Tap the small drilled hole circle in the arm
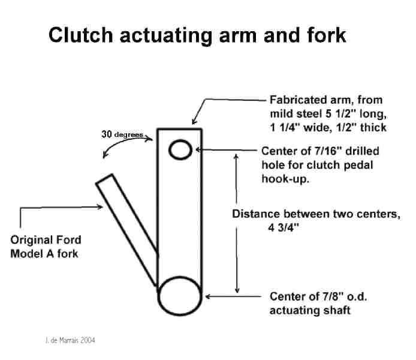coord(180,149)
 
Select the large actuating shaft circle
coord(178,295)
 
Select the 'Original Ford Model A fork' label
coord(46,246)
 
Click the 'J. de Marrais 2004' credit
coord(70,340)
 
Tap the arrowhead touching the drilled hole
coord(198,149)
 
